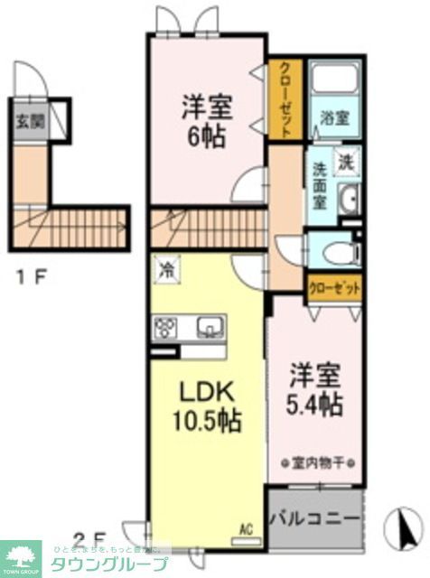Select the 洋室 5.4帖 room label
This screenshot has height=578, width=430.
pyautogui.click(x=315, y=390)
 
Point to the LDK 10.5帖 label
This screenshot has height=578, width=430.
pyautogui.click(x=207, y=406)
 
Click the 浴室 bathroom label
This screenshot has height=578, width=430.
pyautogui.click(x=333, y=118)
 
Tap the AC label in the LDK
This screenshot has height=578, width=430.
pyautogui.click(x=244, y=531)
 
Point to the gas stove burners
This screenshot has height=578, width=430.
pyautogui.click(x=166, y=326)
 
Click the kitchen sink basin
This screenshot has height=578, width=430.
pyautogui.click(x=210, y=325)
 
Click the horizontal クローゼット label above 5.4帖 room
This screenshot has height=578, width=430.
pyautogui.click(x=333, y=288)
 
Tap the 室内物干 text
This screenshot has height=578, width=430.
pyautogui.click(x=315, y=463)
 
